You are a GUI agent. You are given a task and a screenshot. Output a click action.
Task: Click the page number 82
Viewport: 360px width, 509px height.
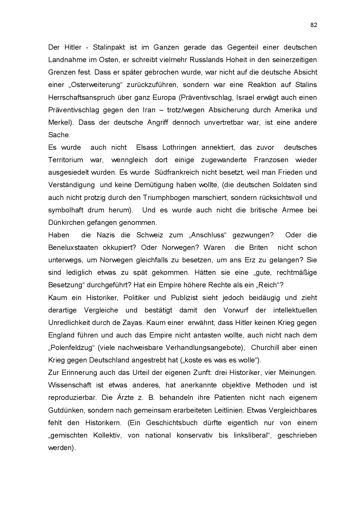coord(314,25)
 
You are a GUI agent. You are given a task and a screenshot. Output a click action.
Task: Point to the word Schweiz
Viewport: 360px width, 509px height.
coord(150,235)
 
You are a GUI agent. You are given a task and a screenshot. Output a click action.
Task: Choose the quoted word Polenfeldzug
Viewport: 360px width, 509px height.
coord(72,348)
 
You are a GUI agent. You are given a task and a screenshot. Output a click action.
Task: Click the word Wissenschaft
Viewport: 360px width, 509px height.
coord(70,385)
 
